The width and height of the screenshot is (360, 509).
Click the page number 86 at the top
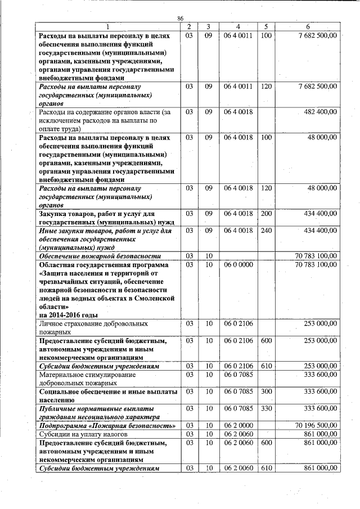(x=181, y=19)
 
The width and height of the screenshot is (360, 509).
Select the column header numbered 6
(x=308, y=26)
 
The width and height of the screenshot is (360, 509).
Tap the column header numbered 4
(x=238, y=26)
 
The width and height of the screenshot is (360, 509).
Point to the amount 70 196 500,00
(x=316, y=426)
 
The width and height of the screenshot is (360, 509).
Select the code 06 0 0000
(x=238, y=264)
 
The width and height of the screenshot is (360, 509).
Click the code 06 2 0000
(x=238, y=426)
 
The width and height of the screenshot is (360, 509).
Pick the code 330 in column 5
(x=266, y=408)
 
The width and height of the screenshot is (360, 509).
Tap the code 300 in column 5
(x=266, y=391)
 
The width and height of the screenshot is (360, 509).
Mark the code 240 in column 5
(x=266, y=231)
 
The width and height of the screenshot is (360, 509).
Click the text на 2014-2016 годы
(x=68, y=315)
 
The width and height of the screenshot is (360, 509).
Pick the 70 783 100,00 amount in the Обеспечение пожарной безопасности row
(x=316, y=255)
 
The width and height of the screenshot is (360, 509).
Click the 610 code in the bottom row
(x=266, y=468)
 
